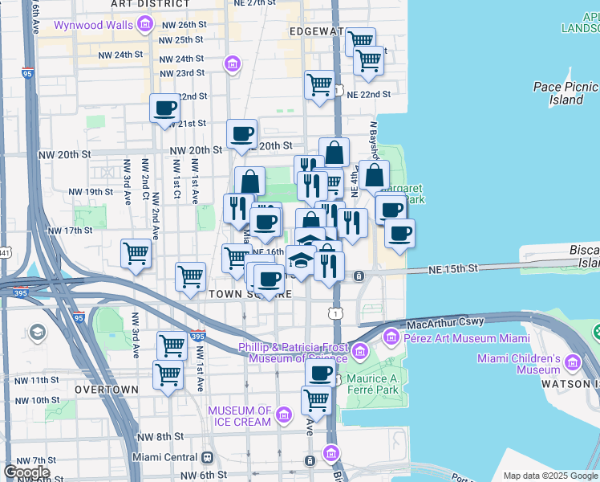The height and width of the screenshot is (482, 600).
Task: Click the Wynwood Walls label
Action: click(x=92, y=25)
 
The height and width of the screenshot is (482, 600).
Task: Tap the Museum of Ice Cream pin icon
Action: click(x=283, y=415)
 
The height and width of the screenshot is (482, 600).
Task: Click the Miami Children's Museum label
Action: click(x=527, y=364)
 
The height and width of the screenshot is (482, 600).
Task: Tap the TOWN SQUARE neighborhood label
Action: click(x=249, y=295)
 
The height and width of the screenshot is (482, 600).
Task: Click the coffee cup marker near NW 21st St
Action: click(x=165, y=108)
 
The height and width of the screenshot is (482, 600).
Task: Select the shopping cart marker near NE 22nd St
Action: click(x=319, y=84)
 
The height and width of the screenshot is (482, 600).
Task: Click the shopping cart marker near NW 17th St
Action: click(x=136, y=253)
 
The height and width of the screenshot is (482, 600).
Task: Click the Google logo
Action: click(x=26, y=472)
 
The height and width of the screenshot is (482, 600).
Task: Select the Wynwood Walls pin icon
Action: click(x=145, y=25)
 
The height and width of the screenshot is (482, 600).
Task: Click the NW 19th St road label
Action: click(x=91, y=192)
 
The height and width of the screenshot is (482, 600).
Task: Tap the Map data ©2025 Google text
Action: click(x=549, y=476)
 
